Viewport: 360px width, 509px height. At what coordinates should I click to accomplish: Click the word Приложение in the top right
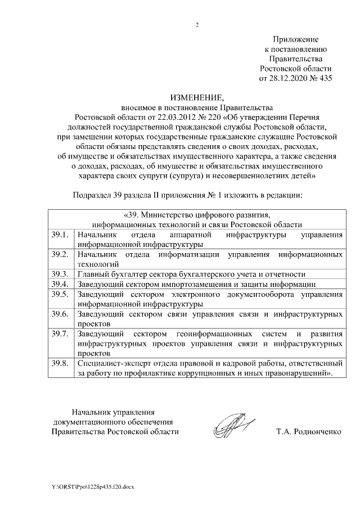pos(296,40)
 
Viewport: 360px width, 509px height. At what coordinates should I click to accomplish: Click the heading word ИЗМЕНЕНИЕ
pos(196,97)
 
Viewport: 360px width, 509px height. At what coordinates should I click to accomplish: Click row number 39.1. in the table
pos(59,234)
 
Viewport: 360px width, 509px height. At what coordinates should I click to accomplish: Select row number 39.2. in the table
pos(59,254)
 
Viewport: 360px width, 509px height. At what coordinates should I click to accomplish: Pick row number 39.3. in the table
pos(59,274)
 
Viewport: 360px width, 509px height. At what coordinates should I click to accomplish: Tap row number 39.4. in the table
pos(59,284)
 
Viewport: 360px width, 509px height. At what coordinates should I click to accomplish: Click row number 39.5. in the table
pos(59,294)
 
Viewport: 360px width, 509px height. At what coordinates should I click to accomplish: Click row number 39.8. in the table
pos(59,364)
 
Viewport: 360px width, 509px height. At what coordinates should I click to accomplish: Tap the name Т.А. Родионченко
pos(308,432)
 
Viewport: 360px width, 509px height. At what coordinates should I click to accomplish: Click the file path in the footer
pos(92,485)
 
